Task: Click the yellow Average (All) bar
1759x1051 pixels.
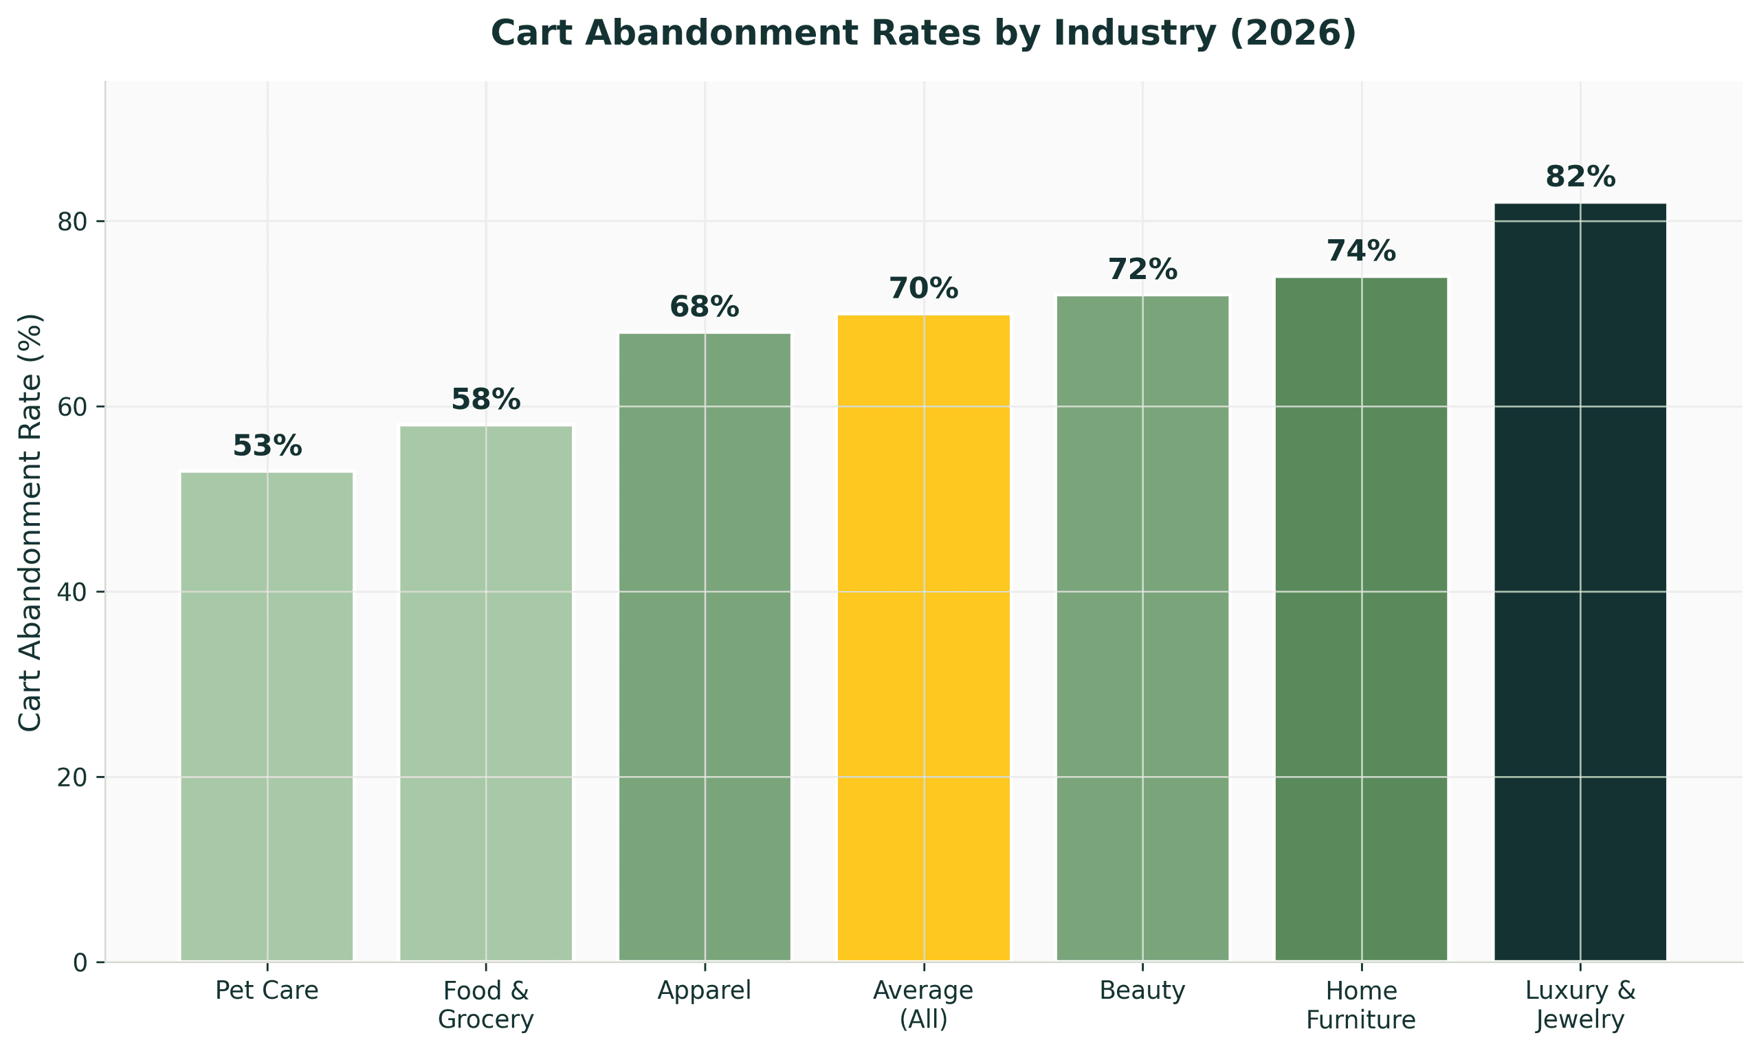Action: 923,637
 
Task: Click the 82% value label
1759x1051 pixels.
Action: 1580,177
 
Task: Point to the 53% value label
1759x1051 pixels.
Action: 267,446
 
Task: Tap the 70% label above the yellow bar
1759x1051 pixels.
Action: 923,289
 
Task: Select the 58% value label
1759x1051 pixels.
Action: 486,400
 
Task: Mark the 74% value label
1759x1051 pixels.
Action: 1361,252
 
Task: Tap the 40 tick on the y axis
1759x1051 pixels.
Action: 71,593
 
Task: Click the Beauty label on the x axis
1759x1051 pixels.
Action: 1142,990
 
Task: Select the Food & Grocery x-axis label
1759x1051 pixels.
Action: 486,1005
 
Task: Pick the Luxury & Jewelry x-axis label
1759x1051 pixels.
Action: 1580,1005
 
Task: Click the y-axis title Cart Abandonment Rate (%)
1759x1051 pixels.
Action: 30,522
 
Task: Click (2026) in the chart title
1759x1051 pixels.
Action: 1292,33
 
